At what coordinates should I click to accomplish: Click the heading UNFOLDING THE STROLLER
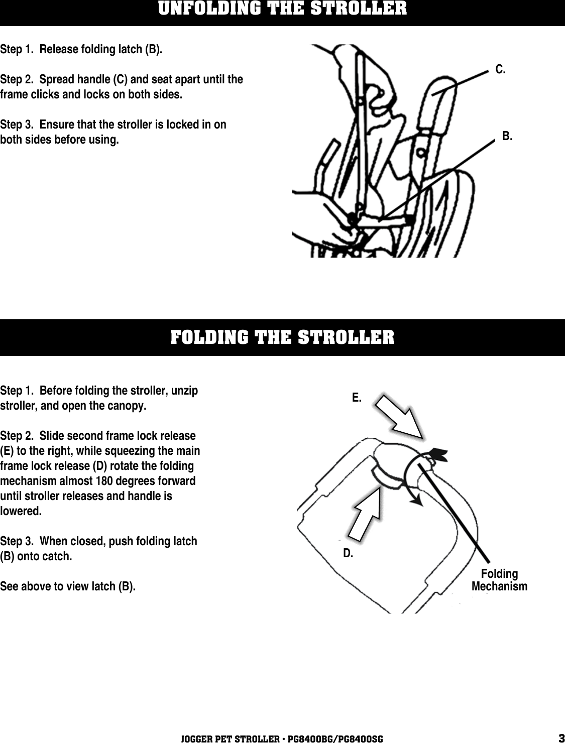click(x=282, y=9)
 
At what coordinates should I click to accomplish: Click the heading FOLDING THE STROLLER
click(x=282, y=337)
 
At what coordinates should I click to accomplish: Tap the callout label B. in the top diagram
click(x=507, y=136)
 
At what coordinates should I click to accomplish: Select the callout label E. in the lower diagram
click(x=356, y=398)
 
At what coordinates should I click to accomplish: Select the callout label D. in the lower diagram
click(x=348, y=554)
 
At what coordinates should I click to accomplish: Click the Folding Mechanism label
click(x=499, y=580)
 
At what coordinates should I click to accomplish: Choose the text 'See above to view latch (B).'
click(x=68, y=586)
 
